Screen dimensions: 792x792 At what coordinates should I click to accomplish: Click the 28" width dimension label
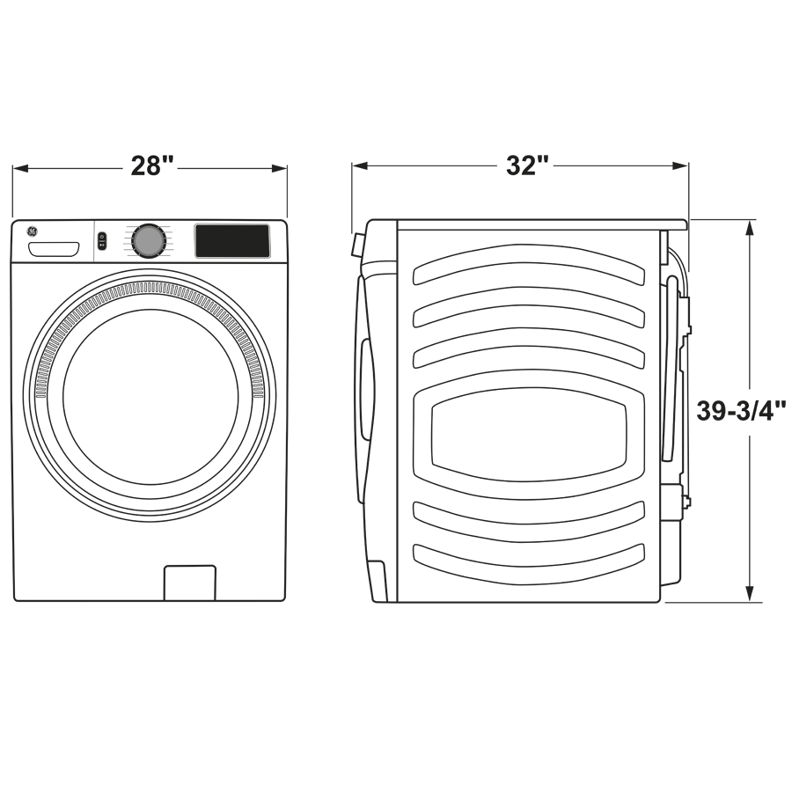(x=152, y=166)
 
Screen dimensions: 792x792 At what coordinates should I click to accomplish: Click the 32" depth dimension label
(x=527, y=166)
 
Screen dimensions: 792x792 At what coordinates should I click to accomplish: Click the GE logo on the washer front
(x=33, y=231)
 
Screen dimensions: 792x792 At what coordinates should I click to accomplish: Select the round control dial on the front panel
(x=149, y=240)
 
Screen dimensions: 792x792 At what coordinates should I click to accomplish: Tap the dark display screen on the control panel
(x=232, y=241)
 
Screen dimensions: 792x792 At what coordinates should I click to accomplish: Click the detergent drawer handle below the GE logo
(x=54, y=250)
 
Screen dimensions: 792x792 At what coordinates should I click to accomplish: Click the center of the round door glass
(x=150, y=396)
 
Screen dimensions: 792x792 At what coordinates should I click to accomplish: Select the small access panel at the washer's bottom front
(x=189, y=583)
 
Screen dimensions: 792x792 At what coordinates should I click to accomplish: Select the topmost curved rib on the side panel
(x=528, y=264)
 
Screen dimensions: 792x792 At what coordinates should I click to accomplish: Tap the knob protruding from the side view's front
(x=357, y=245)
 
